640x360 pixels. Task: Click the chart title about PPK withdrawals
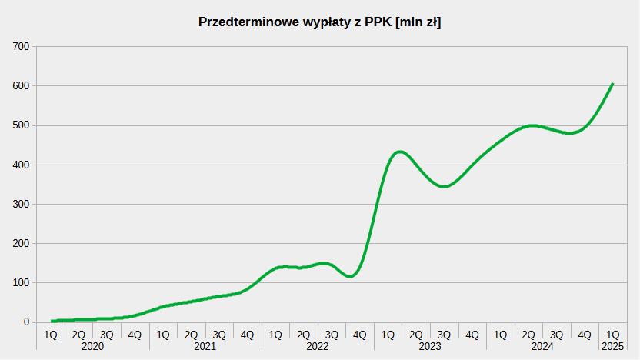(x=319, y=22)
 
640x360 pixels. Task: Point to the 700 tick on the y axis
(x=21, y=47)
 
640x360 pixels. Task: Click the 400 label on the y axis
(x=21, y=165)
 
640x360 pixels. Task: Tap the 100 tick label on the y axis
(x=21, y=282)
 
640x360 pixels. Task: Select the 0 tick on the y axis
(x=26, y=322)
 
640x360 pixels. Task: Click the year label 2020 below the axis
(x=92, y=347)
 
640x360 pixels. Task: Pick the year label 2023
(x=430, y=347)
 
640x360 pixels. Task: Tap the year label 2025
(x=613, y=347)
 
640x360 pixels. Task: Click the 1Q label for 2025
(x=613, y=335)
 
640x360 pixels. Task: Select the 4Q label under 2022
(x=360, y=335)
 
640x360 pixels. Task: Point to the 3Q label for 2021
(x=219, y=335)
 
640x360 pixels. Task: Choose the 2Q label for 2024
(x=528, y=335)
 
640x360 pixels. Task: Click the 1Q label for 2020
(x=51, y=335)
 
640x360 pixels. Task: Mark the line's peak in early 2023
(x=400, y=152)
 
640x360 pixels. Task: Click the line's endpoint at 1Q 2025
(x=612, y=84)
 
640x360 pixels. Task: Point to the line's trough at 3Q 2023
(x=444, y=186)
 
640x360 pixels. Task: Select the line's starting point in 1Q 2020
(x=52, y=321)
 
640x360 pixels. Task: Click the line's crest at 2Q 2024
(x=532, y=125)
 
